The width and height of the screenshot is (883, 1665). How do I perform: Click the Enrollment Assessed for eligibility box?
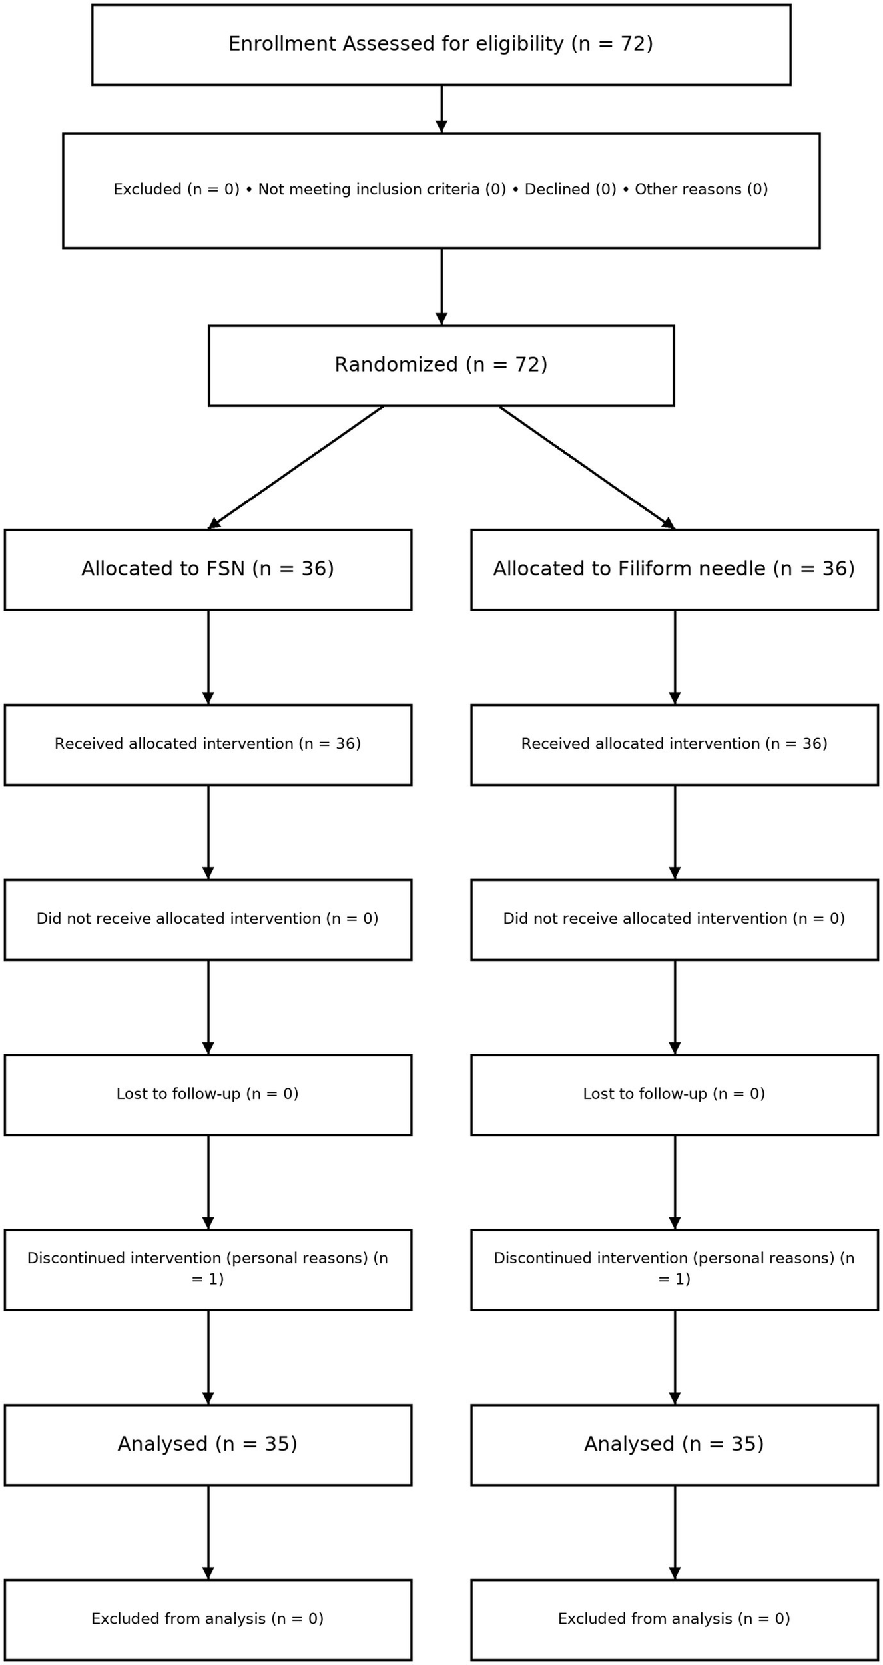coord(441,45)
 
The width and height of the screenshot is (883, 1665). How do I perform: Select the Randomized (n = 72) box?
coord(441,365)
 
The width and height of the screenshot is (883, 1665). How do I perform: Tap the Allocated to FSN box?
coord(208,569)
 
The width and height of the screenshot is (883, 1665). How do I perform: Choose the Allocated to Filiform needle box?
coord(674,569)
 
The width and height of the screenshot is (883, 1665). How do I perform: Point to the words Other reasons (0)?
coord(701,190)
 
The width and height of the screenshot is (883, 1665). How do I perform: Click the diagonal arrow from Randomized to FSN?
coord(296,467)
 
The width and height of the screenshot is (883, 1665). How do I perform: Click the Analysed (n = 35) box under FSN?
coord(208,1445)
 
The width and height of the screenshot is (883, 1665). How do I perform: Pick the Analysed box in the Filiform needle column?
coord(674,1445)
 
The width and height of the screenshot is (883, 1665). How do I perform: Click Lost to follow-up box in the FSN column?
coord(208,1094)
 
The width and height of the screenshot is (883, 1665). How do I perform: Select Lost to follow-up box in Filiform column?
coord(674,1094)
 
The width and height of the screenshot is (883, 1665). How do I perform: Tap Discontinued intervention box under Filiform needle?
coord(674,1269)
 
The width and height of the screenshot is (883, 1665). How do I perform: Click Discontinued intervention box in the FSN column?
coord(208,1269)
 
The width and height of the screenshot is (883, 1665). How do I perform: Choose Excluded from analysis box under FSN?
coord(208,1619)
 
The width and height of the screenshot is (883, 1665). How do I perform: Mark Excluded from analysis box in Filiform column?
coord(674,1619)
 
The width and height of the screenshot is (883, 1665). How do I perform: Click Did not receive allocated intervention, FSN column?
coord(208,919)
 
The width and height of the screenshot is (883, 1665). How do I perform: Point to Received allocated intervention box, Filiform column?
coord(674,744)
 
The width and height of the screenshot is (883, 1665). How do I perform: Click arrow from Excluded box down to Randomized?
coord(441,286)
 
